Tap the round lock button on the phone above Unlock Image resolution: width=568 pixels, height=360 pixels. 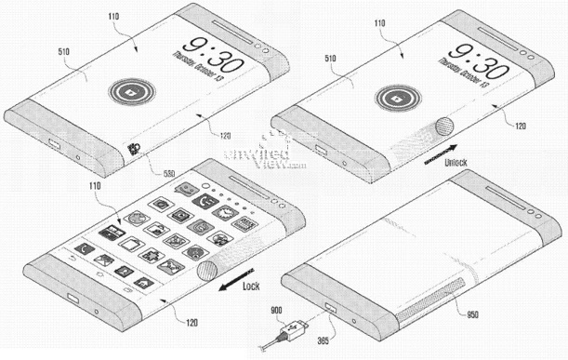click(x=395, y=98)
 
